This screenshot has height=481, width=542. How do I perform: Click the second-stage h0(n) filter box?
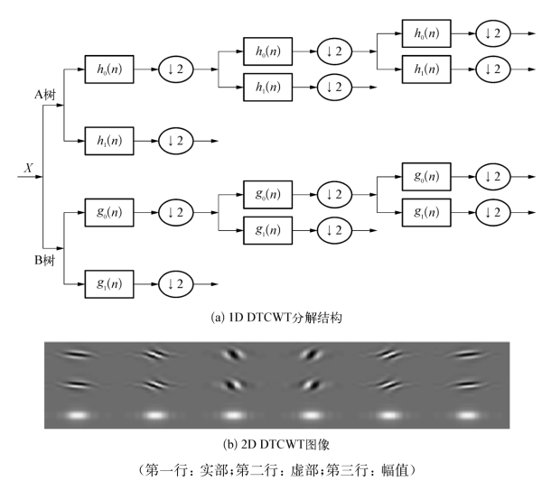point(268,51)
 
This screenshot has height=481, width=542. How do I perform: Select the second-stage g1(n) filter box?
point(268,230)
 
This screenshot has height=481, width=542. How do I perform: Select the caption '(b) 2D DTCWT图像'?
point(271,443)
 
